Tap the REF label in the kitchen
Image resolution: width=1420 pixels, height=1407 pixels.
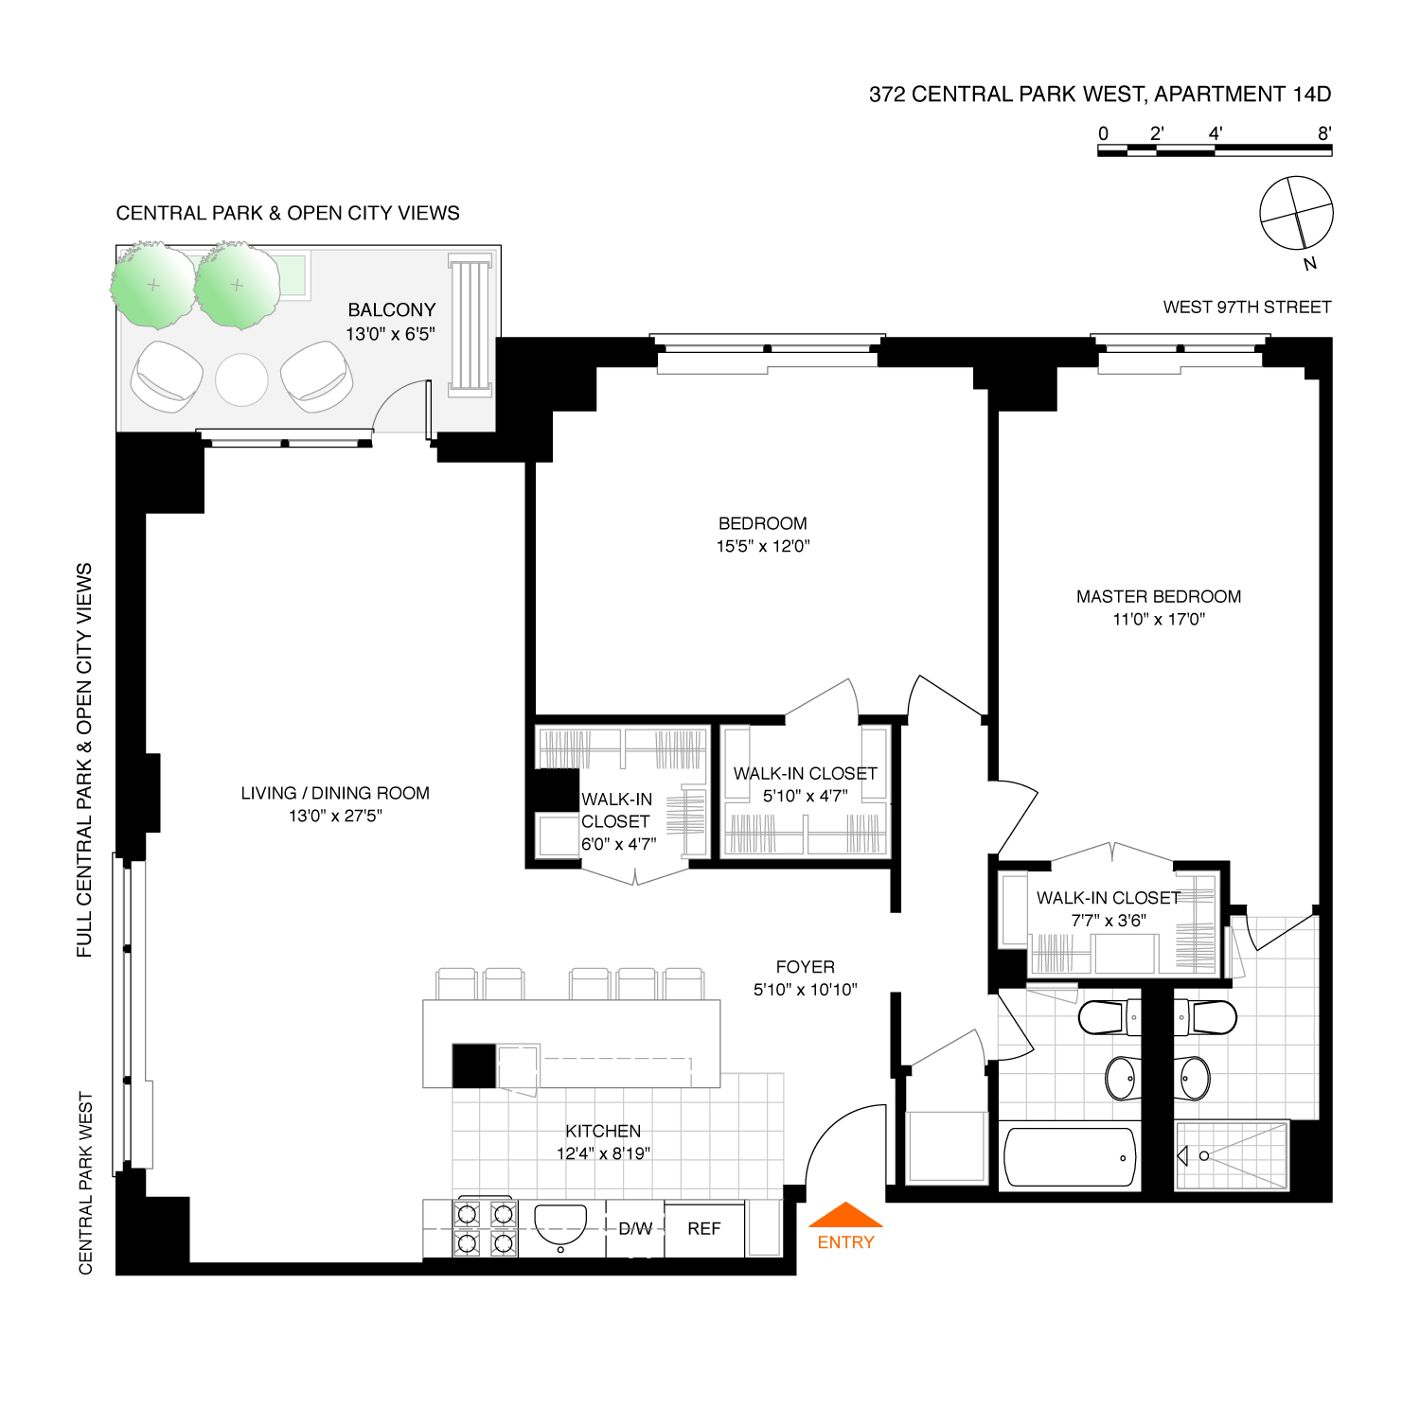(704, 1228)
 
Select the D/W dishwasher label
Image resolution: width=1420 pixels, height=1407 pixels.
(635, 1228)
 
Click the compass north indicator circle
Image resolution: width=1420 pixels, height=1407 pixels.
(1296, 213)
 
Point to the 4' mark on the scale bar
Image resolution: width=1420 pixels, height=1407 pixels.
(1216, 134)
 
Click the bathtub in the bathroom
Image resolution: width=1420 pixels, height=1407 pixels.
(1070, 1156)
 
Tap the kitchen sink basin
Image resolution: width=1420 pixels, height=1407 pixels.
(561, 1225)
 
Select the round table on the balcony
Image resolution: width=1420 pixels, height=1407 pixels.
(241, 379)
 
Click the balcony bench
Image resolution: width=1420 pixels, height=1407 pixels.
(470, 324)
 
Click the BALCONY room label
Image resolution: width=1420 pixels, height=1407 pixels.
(392, 309)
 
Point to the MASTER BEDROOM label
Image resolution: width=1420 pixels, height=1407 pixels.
(1159, 596)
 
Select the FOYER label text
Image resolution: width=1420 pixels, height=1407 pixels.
(806, 967)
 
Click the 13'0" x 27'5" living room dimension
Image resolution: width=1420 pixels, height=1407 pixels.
(335, 816)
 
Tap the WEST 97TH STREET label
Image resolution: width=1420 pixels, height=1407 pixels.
(1247, 307)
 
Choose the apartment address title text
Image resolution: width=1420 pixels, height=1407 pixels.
(1100, 94)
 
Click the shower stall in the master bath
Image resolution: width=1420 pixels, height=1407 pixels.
(1232, 1155)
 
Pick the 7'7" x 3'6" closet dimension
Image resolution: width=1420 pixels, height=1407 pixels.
(1109, 920)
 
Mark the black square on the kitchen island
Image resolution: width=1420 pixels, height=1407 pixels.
(473, 1065)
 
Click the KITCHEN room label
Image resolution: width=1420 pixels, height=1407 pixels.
(603, 1131)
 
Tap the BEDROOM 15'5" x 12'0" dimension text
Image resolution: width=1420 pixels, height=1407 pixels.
(763, 546)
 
